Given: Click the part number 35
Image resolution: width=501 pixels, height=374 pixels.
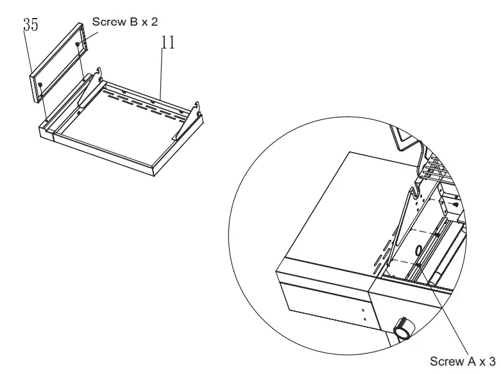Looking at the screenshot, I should click(x=31, y=25).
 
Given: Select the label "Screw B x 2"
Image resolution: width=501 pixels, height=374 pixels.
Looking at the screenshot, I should click(x=125, y=22).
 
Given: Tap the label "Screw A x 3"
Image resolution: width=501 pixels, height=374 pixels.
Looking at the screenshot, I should click(x=463, y=361).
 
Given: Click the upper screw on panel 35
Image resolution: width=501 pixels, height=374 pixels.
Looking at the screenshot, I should click(x=77, y=44).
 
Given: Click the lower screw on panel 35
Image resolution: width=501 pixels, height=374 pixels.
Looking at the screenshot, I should click(x=40, y=84).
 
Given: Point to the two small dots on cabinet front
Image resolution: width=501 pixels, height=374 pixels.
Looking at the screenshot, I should click(x=362, y=313).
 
